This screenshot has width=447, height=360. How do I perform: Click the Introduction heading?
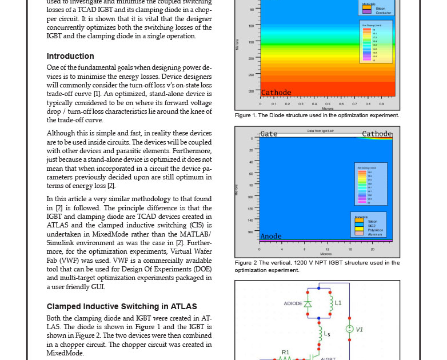click(70, 56)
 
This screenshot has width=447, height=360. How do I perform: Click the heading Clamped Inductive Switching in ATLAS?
click(121, 306)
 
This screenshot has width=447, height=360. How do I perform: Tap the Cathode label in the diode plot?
click(276, 93)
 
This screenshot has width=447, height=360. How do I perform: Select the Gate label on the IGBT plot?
click(269, 134)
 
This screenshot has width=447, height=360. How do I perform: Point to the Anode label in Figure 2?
click(270, 236)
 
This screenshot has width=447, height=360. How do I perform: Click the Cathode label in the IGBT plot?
click(377, 134)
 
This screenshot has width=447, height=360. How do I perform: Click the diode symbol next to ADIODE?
click(308, 303)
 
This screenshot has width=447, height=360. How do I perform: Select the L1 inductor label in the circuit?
click(338, 303)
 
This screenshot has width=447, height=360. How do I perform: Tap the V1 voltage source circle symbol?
click(349, 329)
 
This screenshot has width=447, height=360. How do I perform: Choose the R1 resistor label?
click(285, 353)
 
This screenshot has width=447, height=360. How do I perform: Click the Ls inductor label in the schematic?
click(327, 334)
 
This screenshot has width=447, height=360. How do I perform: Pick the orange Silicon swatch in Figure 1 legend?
click(366, 8)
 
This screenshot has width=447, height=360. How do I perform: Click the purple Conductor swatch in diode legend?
click(366, 12)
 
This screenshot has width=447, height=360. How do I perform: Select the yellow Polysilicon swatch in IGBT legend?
click(359, 230)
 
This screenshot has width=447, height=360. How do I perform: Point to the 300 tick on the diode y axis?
click(251, 91)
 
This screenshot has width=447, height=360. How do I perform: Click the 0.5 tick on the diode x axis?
click(328, 104)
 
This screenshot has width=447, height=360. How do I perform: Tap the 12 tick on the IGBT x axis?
click(327, 249)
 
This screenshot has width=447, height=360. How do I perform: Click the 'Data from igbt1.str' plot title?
click(320, 131)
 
